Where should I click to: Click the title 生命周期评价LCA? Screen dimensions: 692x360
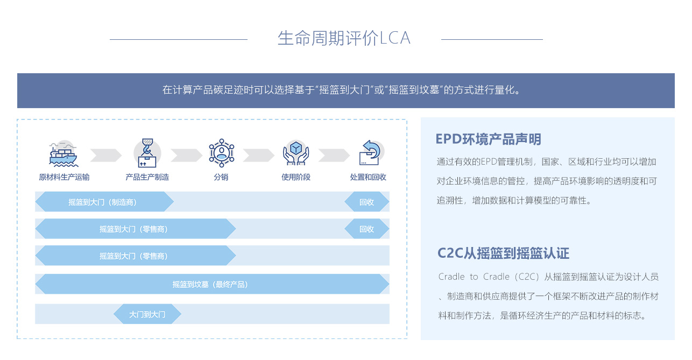pyautogui.click(x=344, y=38)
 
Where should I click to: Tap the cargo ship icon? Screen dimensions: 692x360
pyautogui.click(x=63, y=154)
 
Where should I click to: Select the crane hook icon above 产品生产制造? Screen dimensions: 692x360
pyautogui.click(x=147, y=153)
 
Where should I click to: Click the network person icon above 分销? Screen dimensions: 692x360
pyautogui.click(x=222, y=153)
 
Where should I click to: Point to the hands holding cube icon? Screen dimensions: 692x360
pyautogui.click(x=296, y=153)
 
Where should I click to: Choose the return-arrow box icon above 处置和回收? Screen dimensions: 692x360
pyautogui.click(x=371, y=153)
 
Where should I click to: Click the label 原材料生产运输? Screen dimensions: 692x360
pyautogui.click(x=64, y=177)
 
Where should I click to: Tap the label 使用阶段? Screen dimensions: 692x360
pyautogui.click(x=295, y=177)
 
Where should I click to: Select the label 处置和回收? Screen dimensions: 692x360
pyautogui.click(x=368, y=177)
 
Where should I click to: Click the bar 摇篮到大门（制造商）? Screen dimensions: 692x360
pyautogui.click(x=104, y=202)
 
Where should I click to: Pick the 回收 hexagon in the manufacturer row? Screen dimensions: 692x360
pyautogui.click(x=366, y=202)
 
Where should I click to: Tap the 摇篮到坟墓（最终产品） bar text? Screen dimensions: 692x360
pyautogui.click(x=210, y=284)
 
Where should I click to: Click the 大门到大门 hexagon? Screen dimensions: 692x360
pyautogui.click(x=147, y=314)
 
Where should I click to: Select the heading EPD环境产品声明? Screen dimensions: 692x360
pyautogui.click(x=488, y=139)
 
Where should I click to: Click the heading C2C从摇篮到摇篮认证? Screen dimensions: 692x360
pyautogui.click(x=503, y=253)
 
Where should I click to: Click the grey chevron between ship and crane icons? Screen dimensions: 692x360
pyautogui.click(x=106, y=155)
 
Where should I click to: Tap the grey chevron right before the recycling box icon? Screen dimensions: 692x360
pyautogui.click(x=334, y=155)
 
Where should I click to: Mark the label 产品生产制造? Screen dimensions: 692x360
pyautogui.click(x=147, y=177)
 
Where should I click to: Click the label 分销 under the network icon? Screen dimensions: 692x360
pyautogui.click(x=221, y=177)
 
